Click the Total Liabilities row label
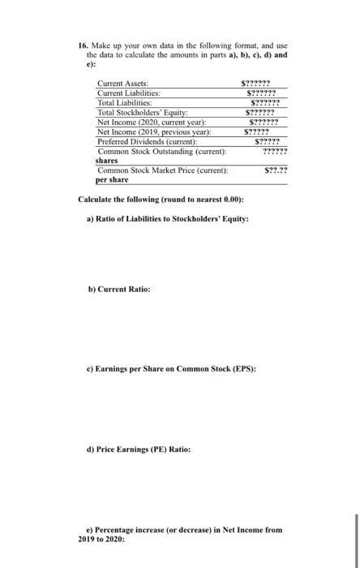point(127,103)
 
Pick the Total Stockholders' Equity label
point(143,112)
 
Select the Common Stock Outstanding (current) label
point(161,151)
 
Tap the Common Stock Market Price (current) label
point(162,170)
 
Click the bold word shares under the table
point(107,160)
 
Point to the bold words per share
point(113,179)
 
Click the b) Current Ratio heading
point(118,289)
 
